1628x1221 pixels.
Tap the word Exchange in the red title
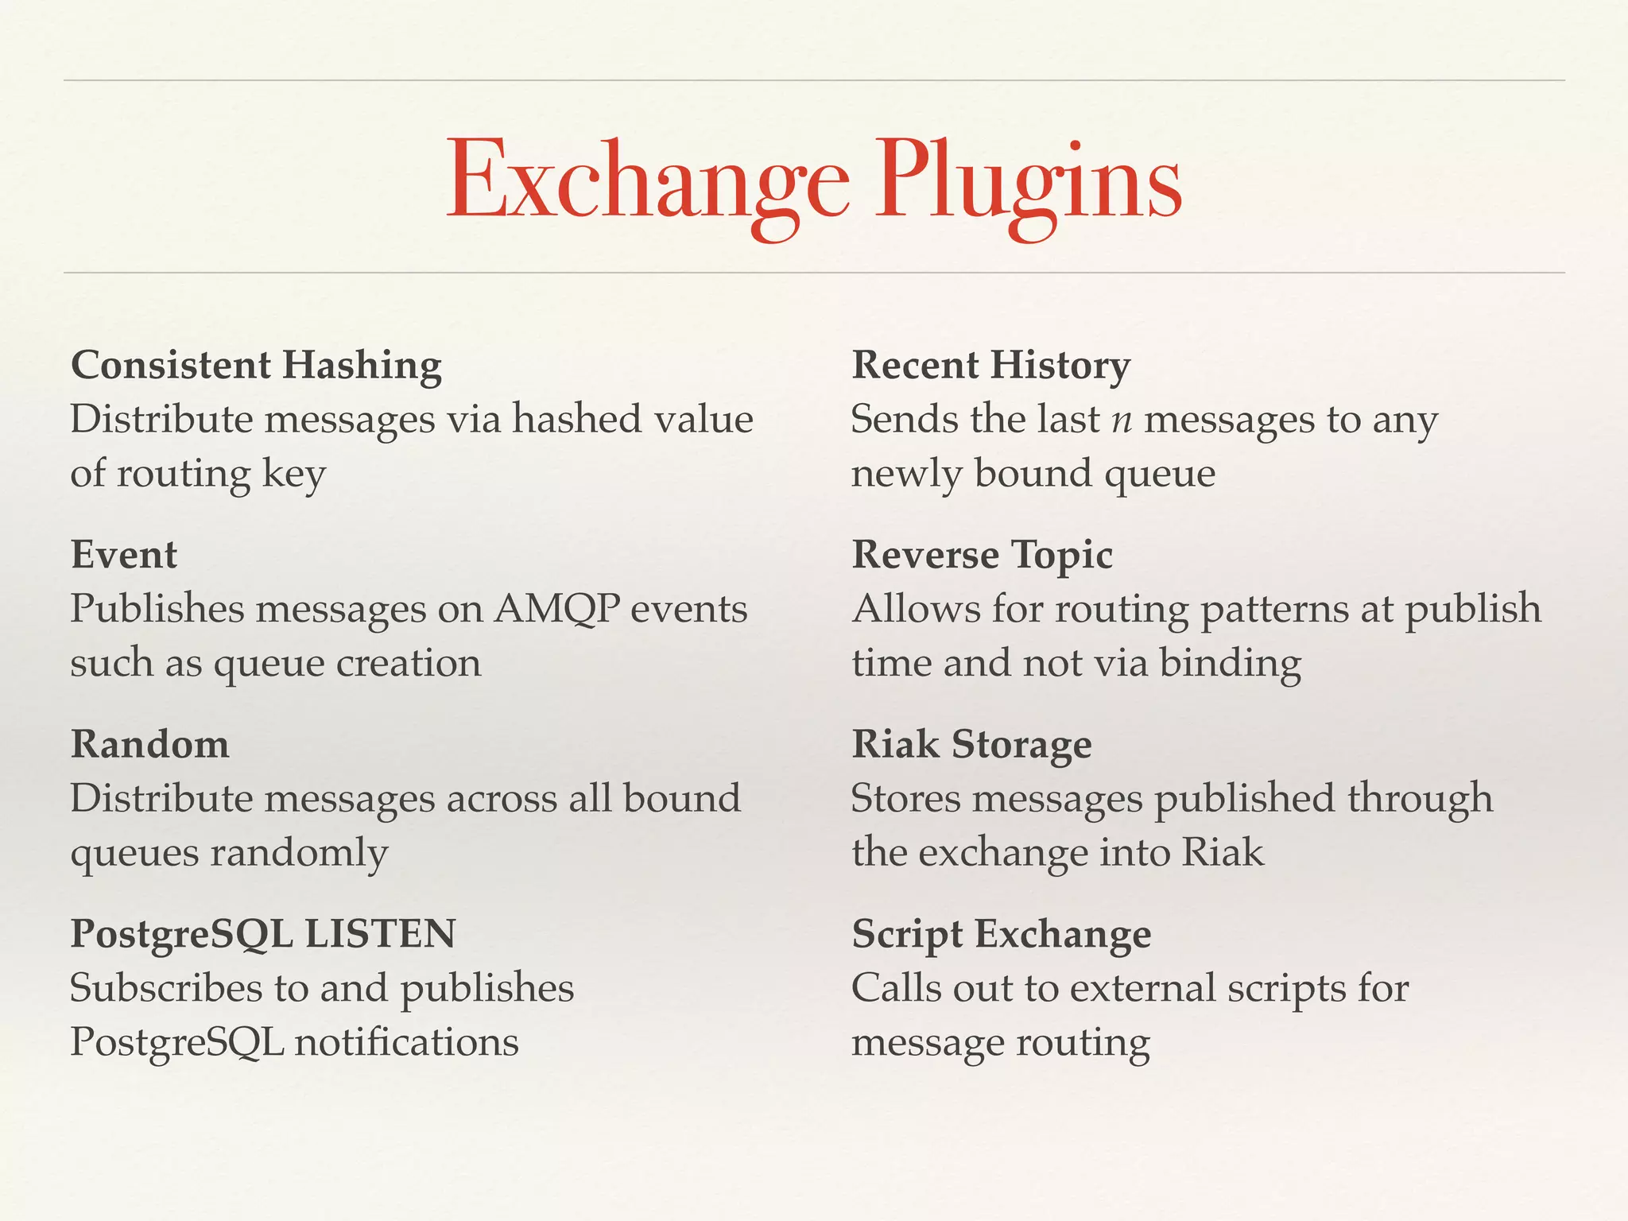(x=648, y=181)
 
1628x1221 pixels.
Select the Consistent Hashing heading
(x=256, y=366)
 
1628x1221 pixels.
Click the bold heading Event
(x=124, y=555)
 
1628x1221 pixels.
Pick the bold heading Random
(x=150, y=745)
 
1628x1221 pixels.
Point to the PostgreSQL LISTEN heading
(x=263, y=934)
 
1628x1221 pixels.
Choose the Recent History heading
(x=990, y=366)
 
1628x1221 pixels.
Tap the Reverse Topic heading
(x=982, y=555)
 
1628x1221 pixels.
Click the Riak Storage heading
(x=971, y=745)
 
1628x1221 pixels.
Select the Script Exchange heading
(x=1001, y=934)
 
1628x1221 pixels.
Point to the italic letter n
(x=1122, y=421)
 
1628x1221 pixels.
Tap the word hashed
(x=576, y=419)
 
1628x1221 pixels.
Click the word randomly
(x=299, y=854)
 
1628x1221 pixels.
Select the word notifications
(x=406, y=1042)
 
